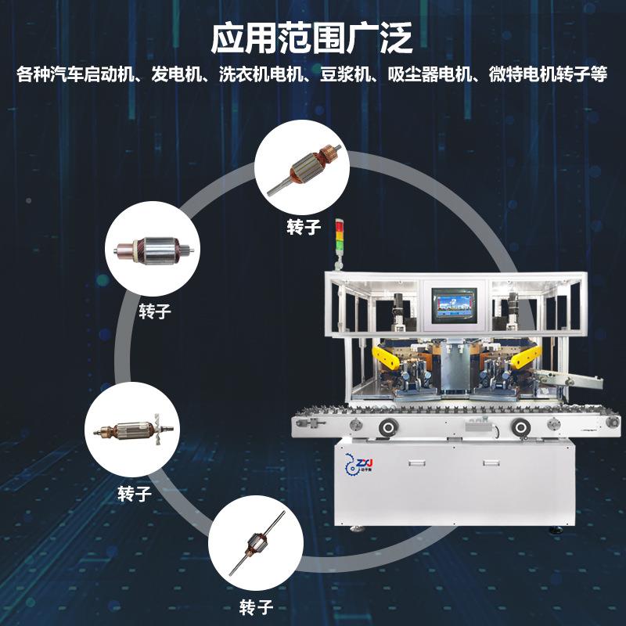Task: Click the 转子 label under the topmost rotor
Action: point(301,226)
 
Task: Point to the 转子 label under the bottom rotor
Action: point(255,606)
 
